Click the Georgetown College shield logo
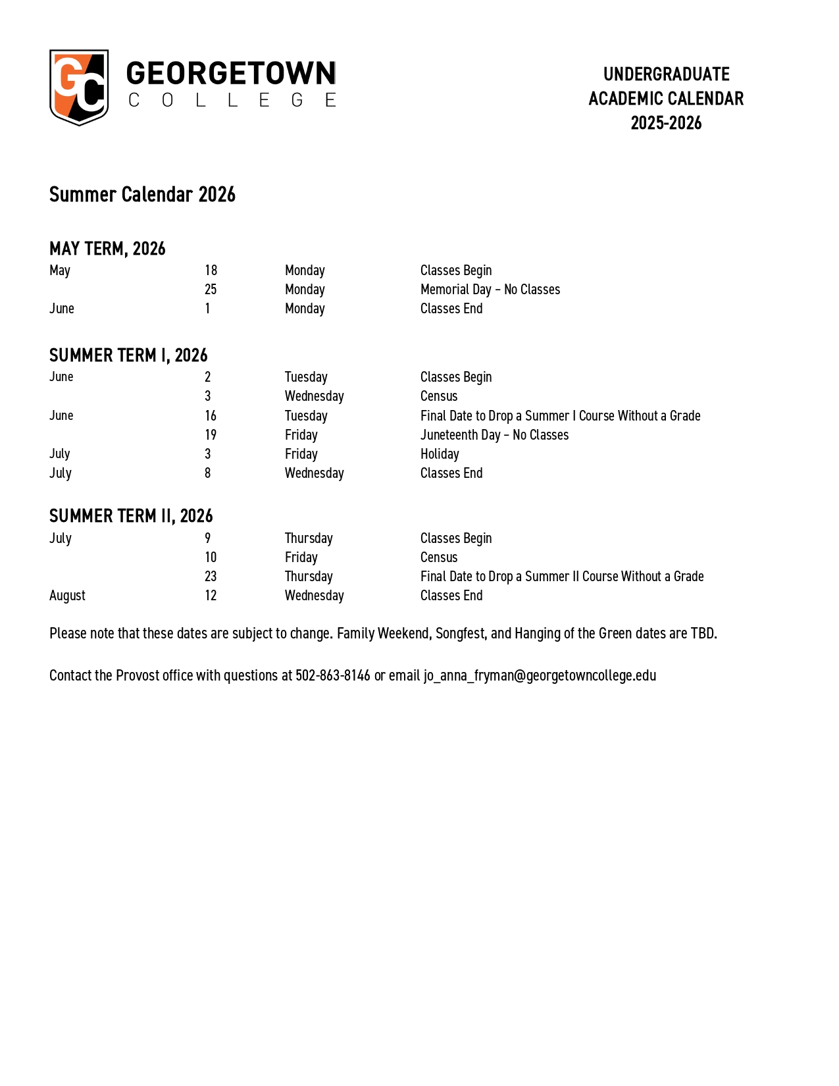click(79, 87)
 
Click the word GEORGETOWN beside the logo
click(231, 74)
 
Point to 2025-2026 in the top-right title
click(666, 123)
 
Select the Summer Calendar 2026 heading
click(142, 195)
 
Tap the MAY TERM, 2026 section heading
click(107, 249)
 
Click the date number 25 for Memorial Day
click(211, 290)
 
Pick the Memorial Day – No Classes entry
click(490, 290)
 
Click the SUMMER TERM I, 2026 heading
click(128, 355)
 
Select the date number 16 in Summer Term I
click(211, 416)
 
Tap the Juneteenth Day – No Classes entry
click(494, 435)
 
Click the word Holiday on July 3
click(440, 454)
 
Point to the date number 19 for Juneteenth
click(211, 435)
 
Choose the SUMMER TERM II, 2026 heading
click(131, 516)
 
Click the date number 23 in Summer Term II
click(211, 577)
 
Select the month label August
click(67, 596)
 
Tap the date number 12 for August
click(211, 596)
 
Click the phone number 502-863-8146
click(333, 676)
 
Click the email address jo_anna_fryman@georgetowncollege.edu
click(540, 676)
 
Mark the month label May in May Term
click(60, 271)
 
